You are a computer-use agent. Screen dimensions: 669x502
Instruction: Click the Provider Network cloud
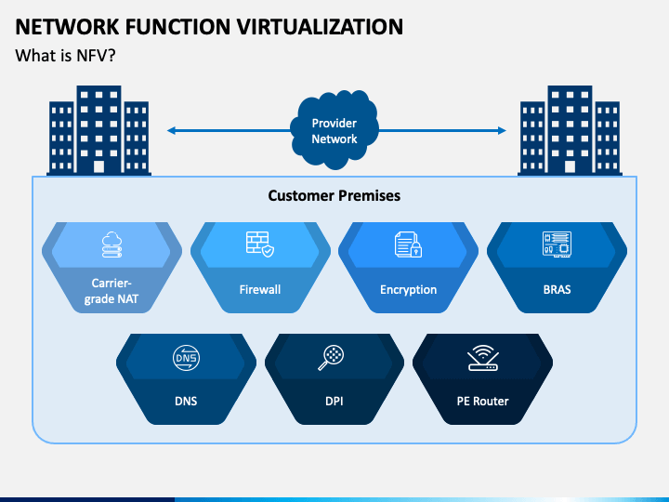click(x=334, y=129)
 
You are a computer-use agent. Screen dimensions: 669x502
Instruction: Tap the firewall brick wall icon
click(x=260, y=244)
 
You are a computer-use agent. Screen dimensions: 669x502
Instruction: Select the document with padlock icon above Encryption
click(x=408, y=244)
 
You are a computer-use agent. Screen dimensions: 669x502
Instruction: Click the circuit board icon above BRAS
click(x=557, y=244)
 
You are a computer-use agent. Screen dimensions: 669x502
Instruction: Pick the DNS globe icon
click(x=186, y=358)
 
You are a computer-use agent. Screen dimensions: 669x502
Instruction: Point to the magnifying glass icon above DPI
click(x=331, y=357)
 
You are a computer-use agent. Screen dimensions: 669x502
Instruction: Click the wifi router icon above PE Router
click(x=482, y=358)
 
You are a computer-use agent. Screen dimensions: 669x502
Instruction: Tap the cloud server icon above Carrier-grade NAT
click(x=111, y=244)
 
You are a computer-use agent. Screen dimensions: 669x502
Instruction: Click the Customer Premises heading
click(x=334, y=195)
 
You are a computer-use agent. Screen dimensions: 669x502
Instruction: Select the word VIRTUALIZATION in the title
click(x=320, y=27)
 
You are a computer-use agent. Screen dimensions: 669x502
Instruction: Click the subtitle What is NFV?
click(x=65, y=56)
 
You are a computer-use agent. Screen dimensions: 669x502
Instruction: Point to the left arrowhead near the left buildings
click(x=171, y=131)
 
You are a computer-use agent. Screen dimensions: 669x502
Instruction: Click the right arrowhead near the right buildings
click(x=502, y=131)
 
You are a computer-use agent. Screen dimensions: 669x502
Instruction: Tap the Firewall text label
click(x=260, y=289)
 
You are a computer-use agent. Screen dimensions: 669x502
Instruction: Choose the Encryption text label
click(x=408, y=290)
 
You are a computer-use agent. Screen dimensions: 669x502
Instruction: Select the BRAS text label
click(x=557, y=289)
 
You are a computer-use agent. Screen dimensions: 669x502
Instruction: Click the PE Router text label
click(x=482, y=402)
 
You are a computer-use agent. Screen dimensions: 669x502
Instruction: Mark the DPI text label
click(x=334, y=402)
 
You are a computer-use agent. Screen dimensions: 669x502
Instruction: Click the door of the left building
click(x=99, y=166)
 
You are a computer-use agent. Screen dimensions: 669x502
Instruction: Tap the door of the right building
click(x=570, y=166)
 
